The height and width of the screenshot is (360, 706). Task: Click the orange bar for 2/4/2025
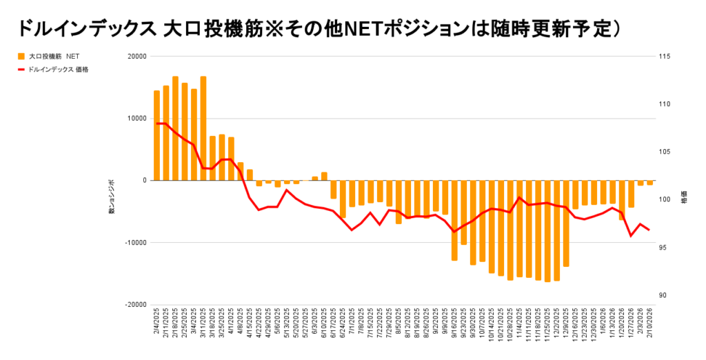pyautogui.click(x=157, y=135)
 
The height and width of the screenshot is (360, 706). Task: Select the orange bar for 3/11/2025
pyautogui.click(x=203, y=128)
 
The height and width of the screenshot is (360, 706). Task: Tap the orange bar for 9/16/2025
pyautogui.click(x=454, y=220)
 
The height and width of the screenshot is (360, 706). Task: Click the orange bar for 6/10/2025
pyautogui.click(x=324, y=176)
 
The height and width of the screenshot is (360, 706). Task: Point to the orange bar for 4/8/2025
pyautogui.click(x=241, y=171)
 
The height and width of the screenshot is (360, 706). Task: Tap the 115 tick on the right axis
pyautogui.click(x=664, y=57)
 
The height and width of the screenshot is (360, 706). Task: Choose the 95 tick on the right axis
pyautogui.click(x=663, y=248)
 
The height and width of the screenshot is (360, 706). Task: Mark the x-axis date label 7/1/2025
pyautogui.click(x=352, y=322)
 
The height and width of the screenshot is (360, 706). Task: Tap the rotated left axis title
pyautogui.click(x=111, y=196)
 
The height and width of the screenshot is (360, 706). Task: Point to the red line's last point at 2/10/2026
pyautogui.click(x=649, y=230)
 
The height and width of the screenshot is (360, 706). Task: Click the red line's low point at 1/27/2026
pyautogui.click(x=631, y=236)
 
